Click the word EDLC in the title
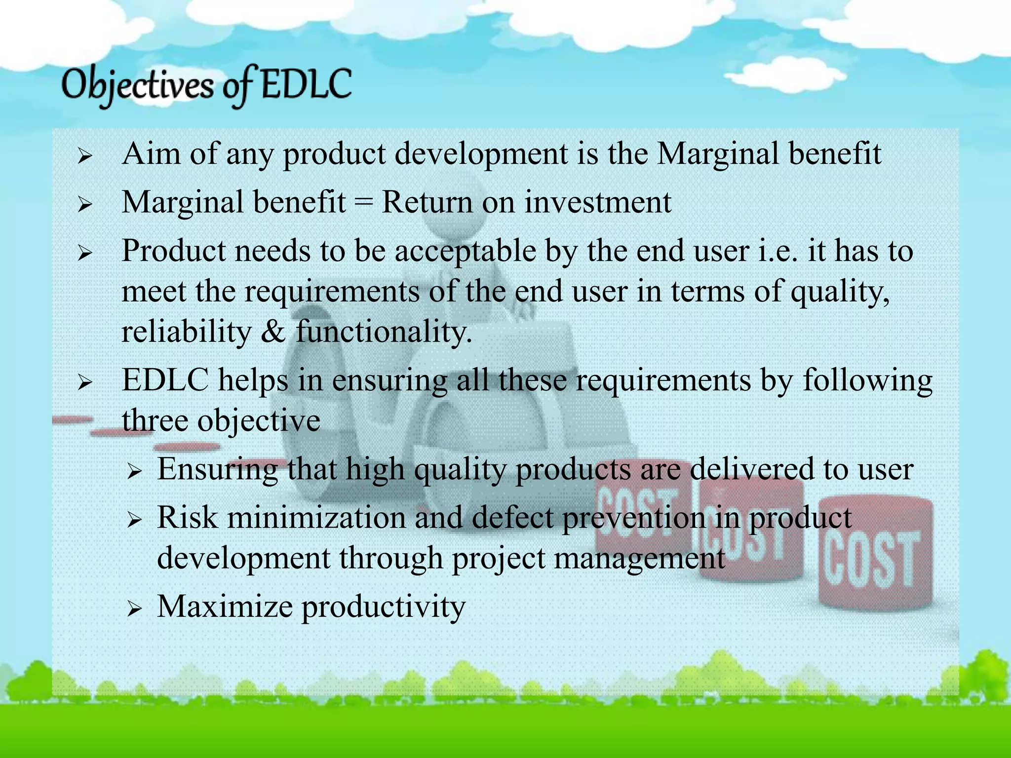(x=306, y=85)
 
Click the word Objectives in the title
(x=138, y=86)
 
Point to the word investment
(x=597, y=202)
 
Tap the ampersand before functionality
(x=273, y=331)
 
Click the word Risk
(x=187, y=518)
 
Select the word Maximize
(x=225, y=606)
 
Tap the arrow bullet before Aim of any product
(x=85, y=157)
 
